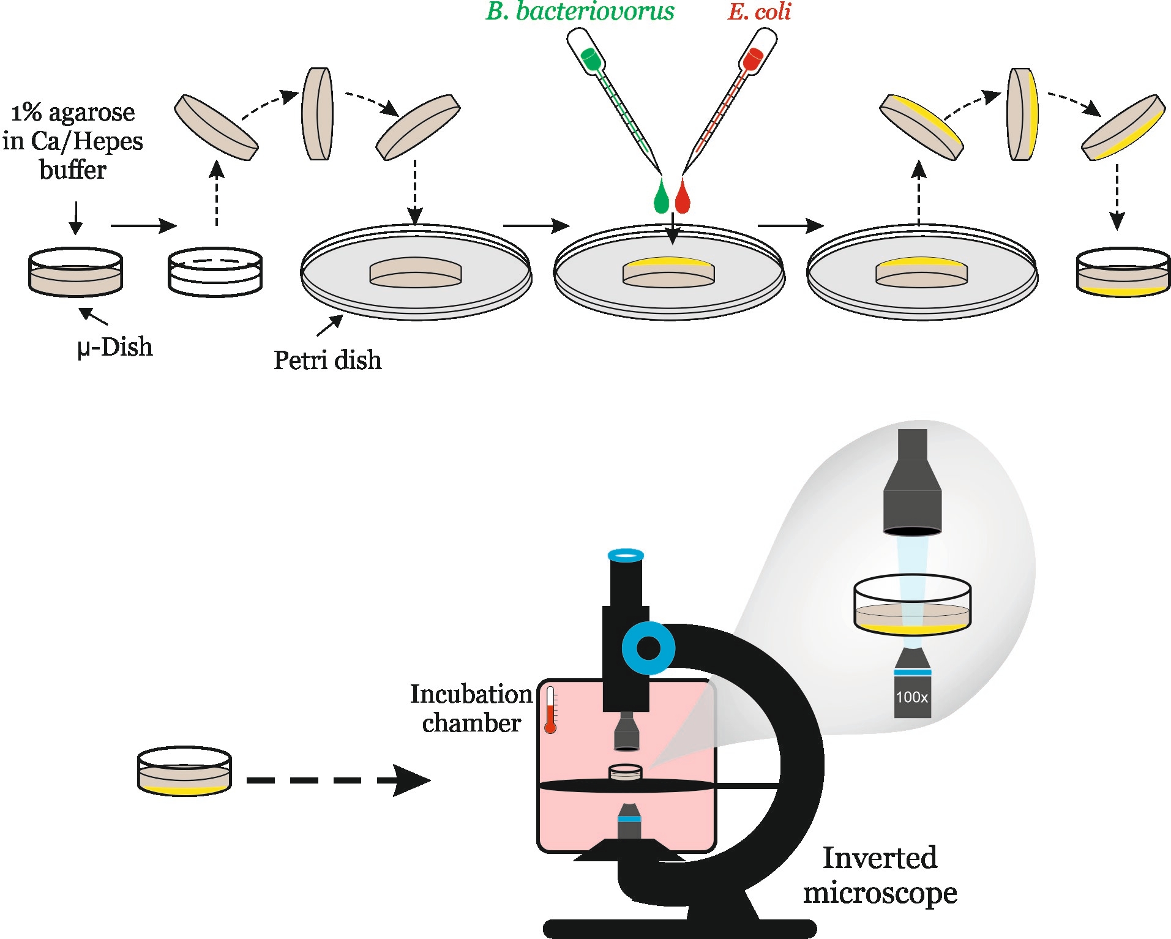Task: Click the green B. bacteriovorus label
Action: (x=580, y=12)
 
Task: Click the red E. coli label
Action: (x=759, y=12)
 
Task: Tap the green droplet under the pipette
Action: (x=661, y=197)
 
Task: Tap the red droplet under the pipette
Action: (x=683, y=197)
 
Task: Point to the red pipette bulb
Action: (x=752, y=59)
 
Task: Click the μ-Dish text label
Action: (x=114, y=347)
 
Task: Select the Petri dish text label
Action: (x=327, y=360)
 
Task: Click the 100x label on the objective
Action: (x=912, y=697)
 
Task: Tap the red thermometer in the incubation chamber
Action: (x=550, y=710)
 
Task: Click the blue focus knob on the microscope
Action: (x=648, y=648)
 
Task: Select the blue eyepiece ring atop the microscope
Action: (x=626, y=555)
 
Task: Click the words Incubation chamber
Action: (x=471, y=708)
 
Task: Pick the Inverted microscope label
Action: (x=880, y=875)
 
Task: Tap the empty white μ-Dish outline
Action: (x=215, y=272)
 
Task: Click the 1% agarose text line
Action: (x=73, y=113)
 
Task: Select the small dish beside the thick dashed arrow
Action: (x=184, y=771)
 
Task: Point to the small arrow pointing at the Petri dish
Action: (x=329, y=326)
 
